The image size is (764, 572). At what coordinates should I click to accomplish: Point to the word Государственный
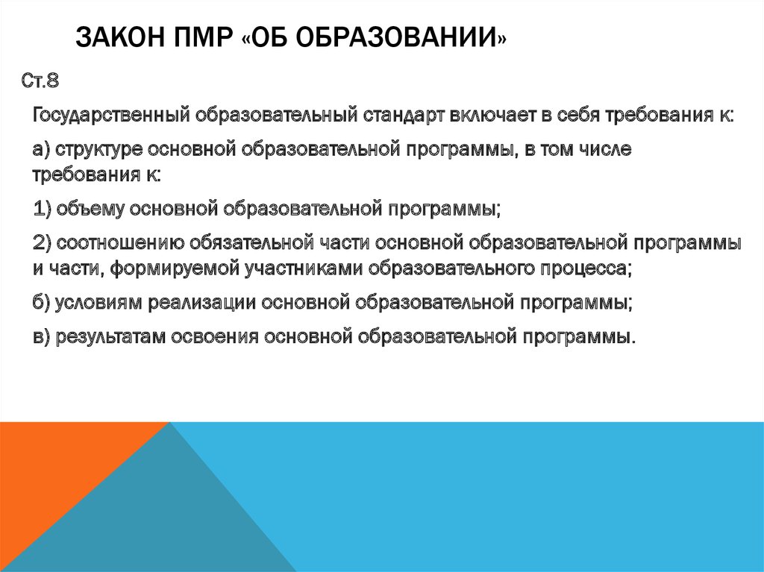pos(111,116)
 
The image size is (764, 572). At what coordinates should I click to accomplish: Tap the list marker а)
pos(42,149)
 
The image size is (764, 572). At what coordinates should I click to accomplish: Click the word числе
pos(610,149)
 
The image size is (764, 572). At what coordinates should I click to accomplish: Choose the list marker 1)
pos(42,207)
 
